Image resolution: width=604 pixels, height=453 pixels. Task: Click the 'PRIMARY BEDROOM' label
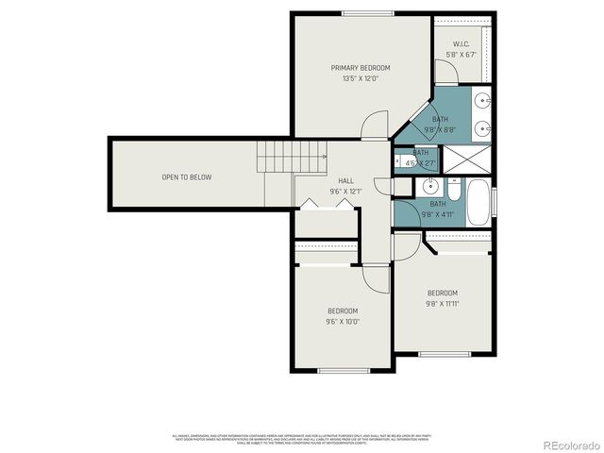point(360,68)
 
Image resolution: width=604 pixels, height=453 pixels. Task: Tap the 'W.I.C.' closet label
point(461,44)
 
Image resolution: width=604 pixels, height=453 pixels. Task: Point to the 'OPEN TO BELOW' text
point(186,177)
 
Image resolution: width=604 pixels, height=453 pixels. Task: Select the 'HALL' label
point(345,180)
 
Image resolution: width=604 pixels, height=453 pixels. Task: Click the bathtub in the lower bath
point(478,202)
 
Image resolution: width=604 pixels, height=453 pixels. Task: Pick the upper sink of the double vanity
point(482,100)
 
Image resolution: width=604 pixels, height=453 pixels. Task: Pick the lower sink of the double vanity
point(482,126)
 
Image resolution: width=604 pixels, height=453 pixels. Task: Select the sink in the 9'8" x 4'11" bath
point(429,187)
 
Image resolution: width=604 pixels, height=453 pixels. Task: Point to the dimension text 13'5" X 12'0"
point(360,79)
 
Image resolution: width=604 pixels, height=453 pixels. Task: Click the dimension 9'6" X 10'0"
point(343,322)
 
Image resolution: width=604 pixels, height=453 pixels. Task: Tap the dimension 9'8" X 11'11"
point(442,304)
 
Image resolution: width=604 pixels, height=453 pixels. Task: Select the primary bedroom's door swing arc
point(377,123)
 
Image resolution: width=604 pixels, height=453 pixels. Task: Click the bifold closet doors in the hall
point(326,205)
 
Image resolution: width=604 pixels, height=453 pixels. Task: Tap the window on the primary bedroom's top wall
point(367,12)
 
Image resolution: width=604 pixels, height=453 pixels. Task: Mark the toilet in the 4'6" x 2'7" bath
point(399,160)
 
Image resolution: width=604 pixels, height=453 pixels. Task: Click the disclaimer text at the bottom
point(302,439)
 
